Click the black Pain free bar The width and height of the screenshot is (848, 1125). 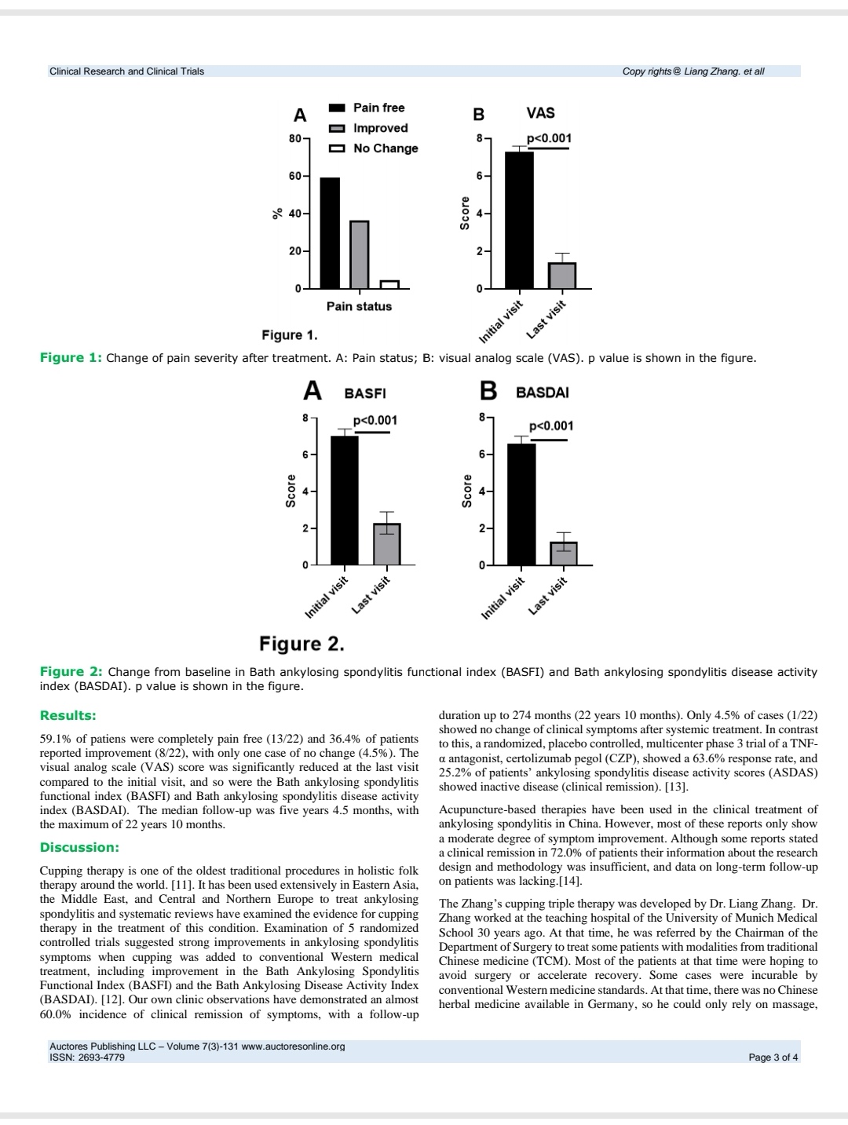coord(330,233)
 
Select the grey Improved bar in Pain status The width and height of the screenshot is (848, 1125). coord(359,254)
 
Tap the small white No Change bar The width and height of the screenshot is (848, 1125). coord(389,284)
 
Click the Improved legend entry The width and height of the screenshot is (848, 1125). coord(380,128)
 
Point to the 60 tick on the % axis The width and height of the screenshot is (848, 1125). coord(294,176)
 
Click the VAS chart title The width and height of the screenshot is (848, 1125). coord(540,113)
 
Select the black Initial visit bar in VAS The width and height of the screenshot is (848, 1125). coord(519,220)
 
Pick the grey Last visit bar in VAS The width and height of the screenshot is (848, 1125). coord(562,275)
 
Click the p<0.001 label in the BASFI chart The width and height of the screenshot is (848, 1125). coord(375,421)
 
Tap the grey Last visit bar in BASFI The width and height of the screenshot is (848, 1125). coord(386,543)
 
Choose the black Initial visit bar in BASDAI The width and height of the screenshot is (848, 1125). coord(521,504)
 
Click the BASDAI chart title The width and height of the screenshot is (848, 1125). coord(542,393)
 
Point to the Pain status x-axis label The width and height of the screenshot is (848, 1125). coord(359,306)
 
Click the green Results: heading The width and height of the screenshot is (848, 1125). coord(68,715)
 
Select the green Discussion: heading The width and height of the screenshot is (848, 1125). coord(79,848)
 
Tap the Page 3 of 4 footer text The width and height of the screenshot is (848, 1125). coord(773,1057)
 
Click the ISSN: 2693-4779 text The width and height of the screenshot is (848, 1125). coord(86,1057)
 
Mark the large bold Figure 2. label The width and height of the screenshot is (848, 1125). coord(302,645)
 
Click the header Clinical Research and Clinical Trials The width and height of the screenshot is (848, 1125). coord(126,71)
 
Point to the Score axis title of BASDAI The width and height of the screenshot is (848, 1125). coord(468,491)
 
